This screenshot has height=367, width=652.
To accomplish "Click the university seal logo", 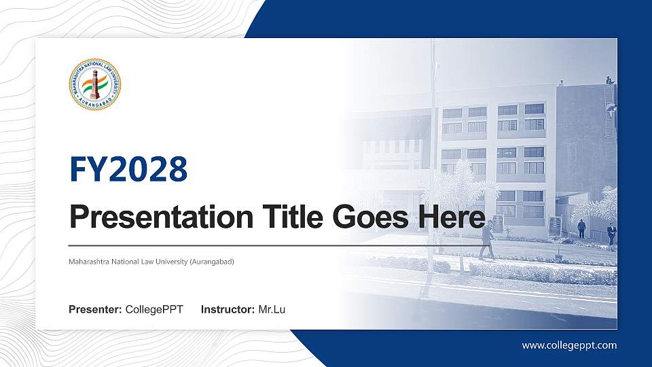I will (x=95, y=84).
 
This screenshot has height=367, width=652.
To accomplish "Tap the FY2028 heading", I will (x=128, y=170).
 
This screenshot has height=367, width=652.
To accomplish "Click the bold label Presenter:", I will (x=95, y=310).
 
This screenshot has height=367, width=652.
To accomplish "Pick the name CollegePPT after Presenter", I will (x=154, y=310).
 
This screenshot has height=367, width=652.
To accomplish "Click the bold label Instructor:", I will (x=228, y=310).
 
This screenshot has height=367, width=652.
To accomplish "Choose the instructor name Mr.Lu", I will (x=272, y=310).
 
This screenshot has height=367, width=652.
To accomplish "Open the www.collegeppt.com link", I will (x=569, y=345).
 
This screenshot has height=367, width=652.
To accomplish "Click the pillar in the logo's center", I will (x=95, y=83).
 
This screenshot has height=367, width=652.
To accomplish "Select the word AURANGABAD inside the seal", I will (x=95, y=105).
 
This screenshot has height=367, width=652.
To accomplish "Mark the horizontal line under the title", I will (x=272, y=245).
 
